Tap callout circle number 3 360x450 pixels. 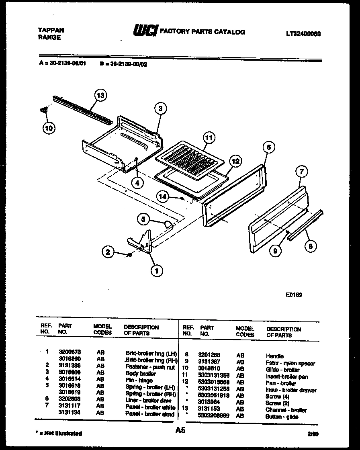160,108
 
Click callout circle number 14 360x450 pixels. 162,197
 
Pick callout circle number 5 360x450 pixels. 143,219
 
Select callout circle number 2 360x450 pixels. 107,252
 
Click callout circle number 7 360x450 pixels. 301,172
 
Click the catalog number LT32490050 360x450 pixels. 303,34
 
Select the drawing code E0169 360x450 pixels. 294,294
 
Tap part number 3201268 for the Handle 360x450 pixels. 209,356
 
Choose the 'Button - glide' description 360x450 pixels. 282,417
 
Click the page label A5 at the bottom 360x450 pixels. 180,430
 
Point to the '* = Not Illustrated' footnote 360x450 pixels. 59,433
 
